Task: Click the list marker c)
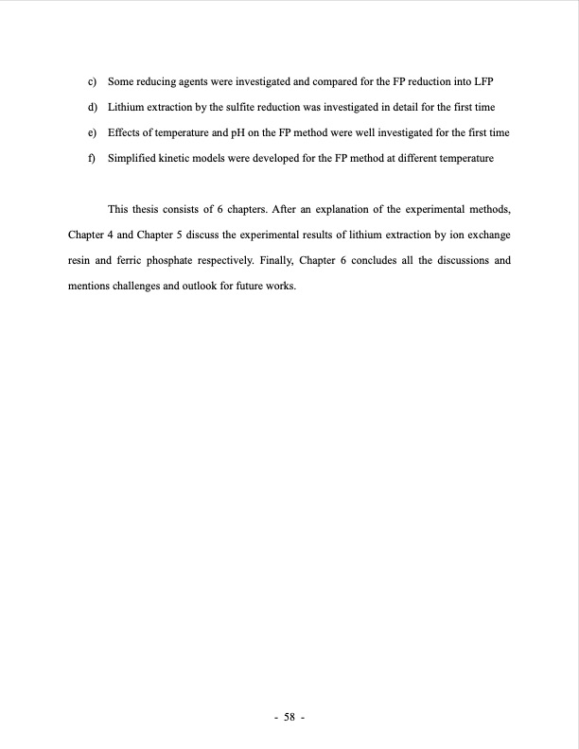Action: [x=91, y=82]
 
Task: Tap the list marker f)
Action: [x=91, y=159]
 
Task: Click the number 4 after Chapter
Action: [x=106, y=234]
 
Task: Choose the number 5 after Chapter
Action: [x=177, y=234]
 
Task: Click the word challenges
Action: [x=138, y=284]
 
